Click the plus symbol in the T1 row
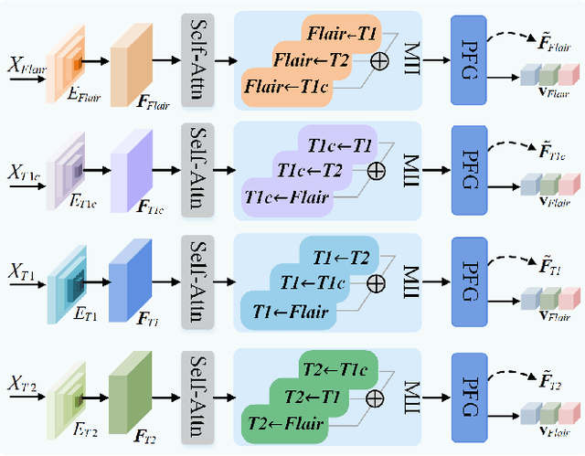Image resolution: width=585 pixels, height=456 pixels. [x=375, y=283]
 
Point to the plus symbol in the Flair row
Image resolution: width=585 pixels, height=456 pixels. [x=375, y=61]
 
